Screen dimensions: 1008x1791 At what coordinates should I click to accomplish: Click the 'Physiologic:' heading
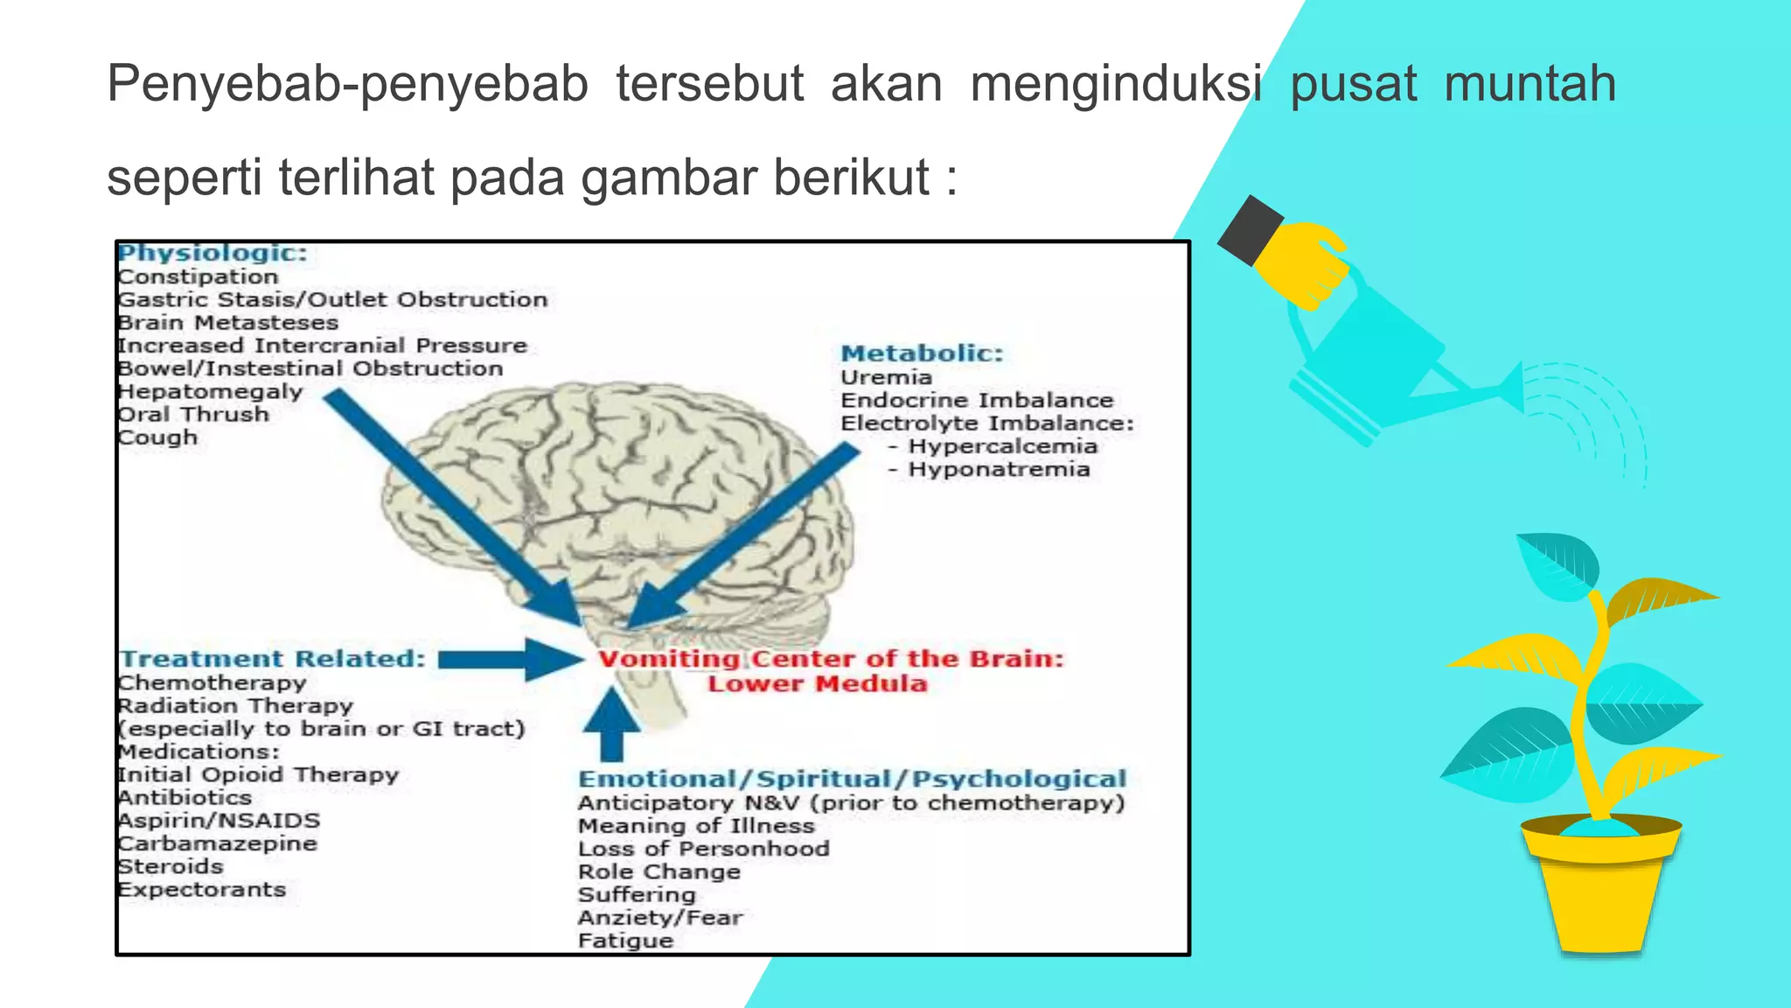[213, 253]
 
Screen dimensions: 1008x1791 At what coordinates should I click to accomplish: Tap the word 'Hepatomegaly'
[211, 392]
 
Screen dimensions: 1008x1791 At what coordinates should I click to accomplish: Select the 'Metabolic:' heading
[922, 353]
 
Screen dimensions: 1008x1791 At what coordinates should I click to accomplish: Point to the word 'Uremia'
[886, 377]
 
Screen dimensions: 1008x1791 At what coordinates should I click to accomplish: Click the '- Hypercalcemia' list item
[993, 446]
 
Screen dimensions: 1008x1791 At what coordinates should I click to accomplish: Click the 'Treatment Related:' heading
[272, 659]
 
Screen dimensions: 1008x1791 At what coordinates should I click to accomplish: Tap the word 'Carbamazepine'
[218, 843]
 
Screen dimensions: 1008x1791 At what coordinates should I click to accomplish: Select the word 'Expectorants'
[202, 890]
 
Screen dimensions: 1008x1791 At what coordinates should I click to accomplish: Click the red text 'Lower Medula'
[817, 684]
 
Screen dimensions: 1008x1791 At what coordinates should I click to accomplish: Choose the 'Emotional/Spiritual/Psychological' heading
[852, 779]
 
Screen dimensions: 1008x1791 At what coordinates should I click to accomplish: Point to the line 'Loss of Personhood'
[703, 849]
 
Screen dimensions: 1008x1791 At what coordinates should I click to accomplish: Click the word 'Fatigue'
[625, 941]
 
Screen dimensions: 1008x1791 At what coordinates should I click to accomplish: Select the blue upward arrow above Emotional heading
[611, 723]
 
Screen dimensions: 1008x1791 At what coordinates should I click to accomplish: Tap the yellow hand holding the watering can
[1303, 262]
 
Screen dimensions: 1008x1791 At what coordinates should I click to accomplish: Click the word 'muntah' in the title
[1530, 84]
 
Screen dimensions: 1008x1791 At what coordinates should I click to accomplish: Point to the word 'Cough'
[158, 437]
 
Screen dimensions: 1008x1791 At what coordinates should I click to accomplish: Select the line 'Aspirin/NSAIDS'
[220, 821]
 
